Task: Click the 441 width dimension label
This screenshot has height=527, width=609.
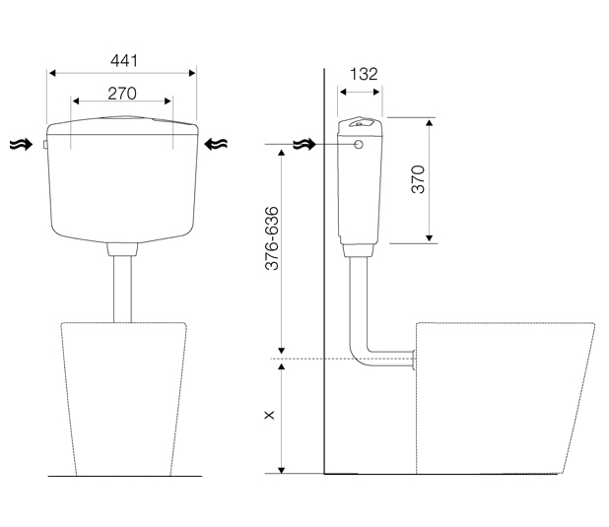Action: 124,61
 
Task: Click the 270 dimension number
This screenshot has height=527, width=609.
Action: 122,94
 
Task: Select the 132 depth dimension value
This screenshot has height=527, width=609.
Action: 364,74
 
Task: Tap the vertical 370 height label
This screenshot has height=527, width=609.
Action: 418,179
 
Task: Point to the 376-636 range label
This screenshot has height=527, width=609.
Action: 271,238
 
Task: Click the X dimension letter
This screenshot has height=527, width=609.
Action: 269,415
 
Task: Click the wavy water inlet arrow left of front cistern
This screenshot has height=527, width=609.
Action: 21,145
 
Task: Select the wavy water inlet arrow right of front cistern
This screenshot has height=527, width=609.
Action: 216,144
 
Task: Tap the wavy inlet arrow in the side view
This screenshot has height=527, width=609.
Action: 304,145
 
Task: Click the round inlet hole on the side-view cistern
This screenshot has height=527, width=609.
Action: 359,145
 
